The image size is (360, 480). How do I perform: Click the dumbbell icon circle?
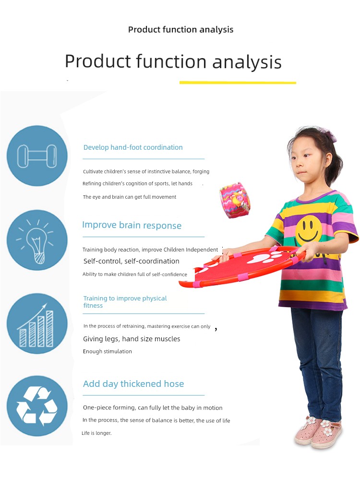37,156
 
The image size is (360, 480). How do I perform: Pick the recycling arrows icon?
37,406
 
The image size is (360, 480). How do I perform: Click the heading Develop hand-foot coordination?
133,147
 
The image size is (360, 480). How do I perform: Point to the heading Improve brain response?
132,225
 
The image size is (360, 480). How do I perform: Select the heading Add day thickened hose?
133,384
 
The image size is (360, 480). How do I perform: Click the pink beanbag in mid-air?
235,200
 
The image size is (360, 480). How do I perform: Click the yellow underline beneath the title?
238,83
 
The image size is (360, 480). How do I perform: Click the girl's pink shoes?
318,432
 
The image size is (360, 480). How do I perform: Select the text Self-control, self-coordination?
132,261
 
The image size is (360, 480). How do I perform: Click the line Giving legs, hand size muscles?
132,339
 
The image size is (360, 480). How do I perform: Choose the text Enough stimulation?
108,351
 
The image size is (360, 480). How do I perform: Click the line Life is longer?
97,433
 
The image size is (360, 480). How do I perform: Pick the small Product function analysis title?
180,30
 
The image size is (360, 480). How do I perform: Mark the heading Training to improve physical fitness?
125,302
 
